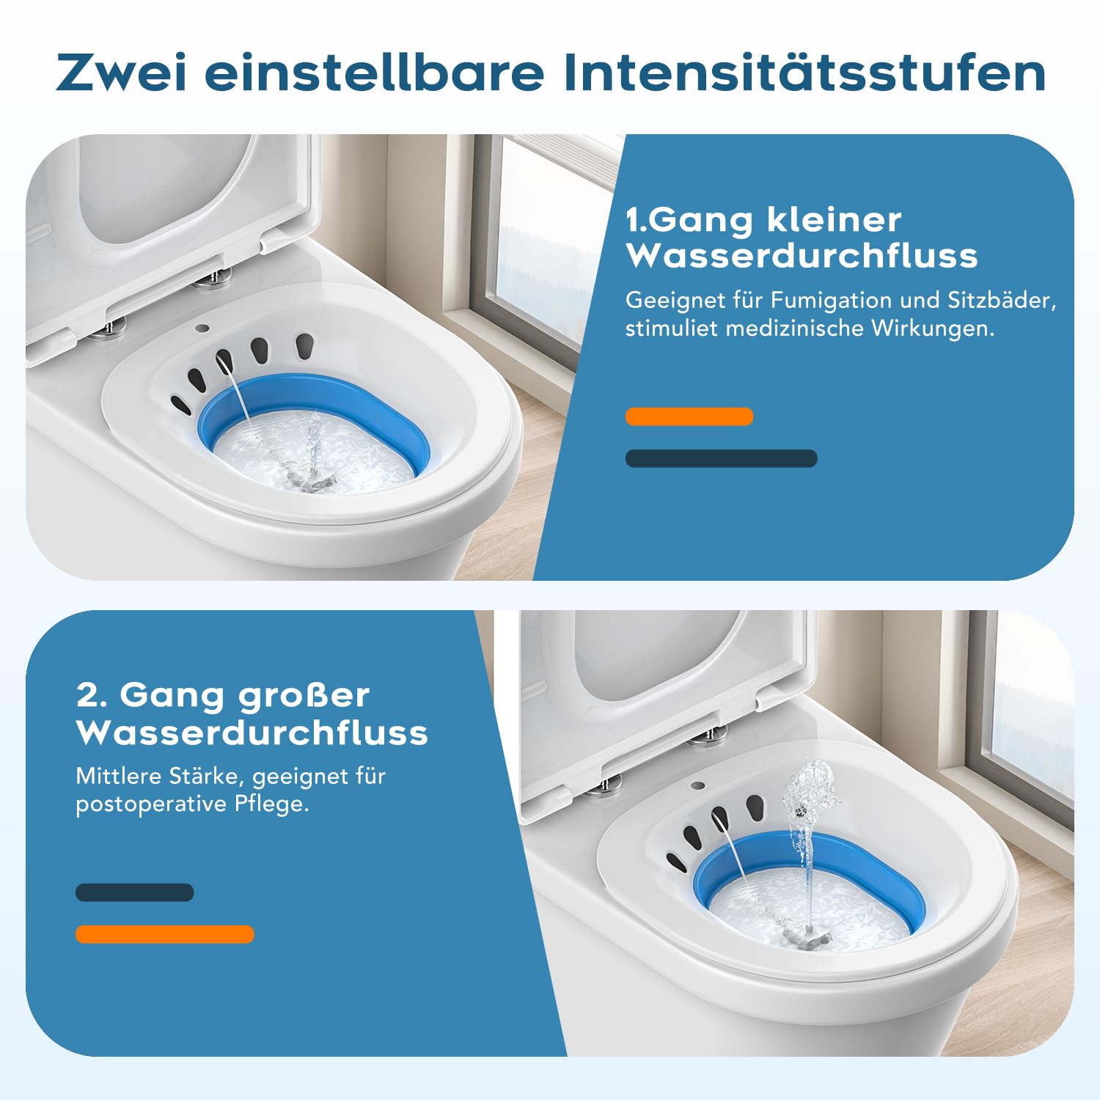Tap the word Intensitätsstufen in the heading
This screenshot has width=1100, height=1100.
[804, 72]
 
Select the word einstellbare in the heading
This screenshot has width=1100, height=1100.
[374, 72]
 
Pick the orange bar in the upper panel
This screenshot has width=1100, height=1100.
[689, 417]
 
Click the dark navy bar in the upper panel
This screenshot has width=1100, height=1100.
[721, 458]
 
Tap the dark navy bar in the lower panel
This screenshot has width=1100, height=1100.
[135, 892]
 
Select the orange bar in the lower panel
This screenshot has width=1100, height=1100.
[165, 934]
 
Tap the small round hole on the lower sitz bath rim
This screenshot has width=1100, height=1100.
[698, 785]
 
